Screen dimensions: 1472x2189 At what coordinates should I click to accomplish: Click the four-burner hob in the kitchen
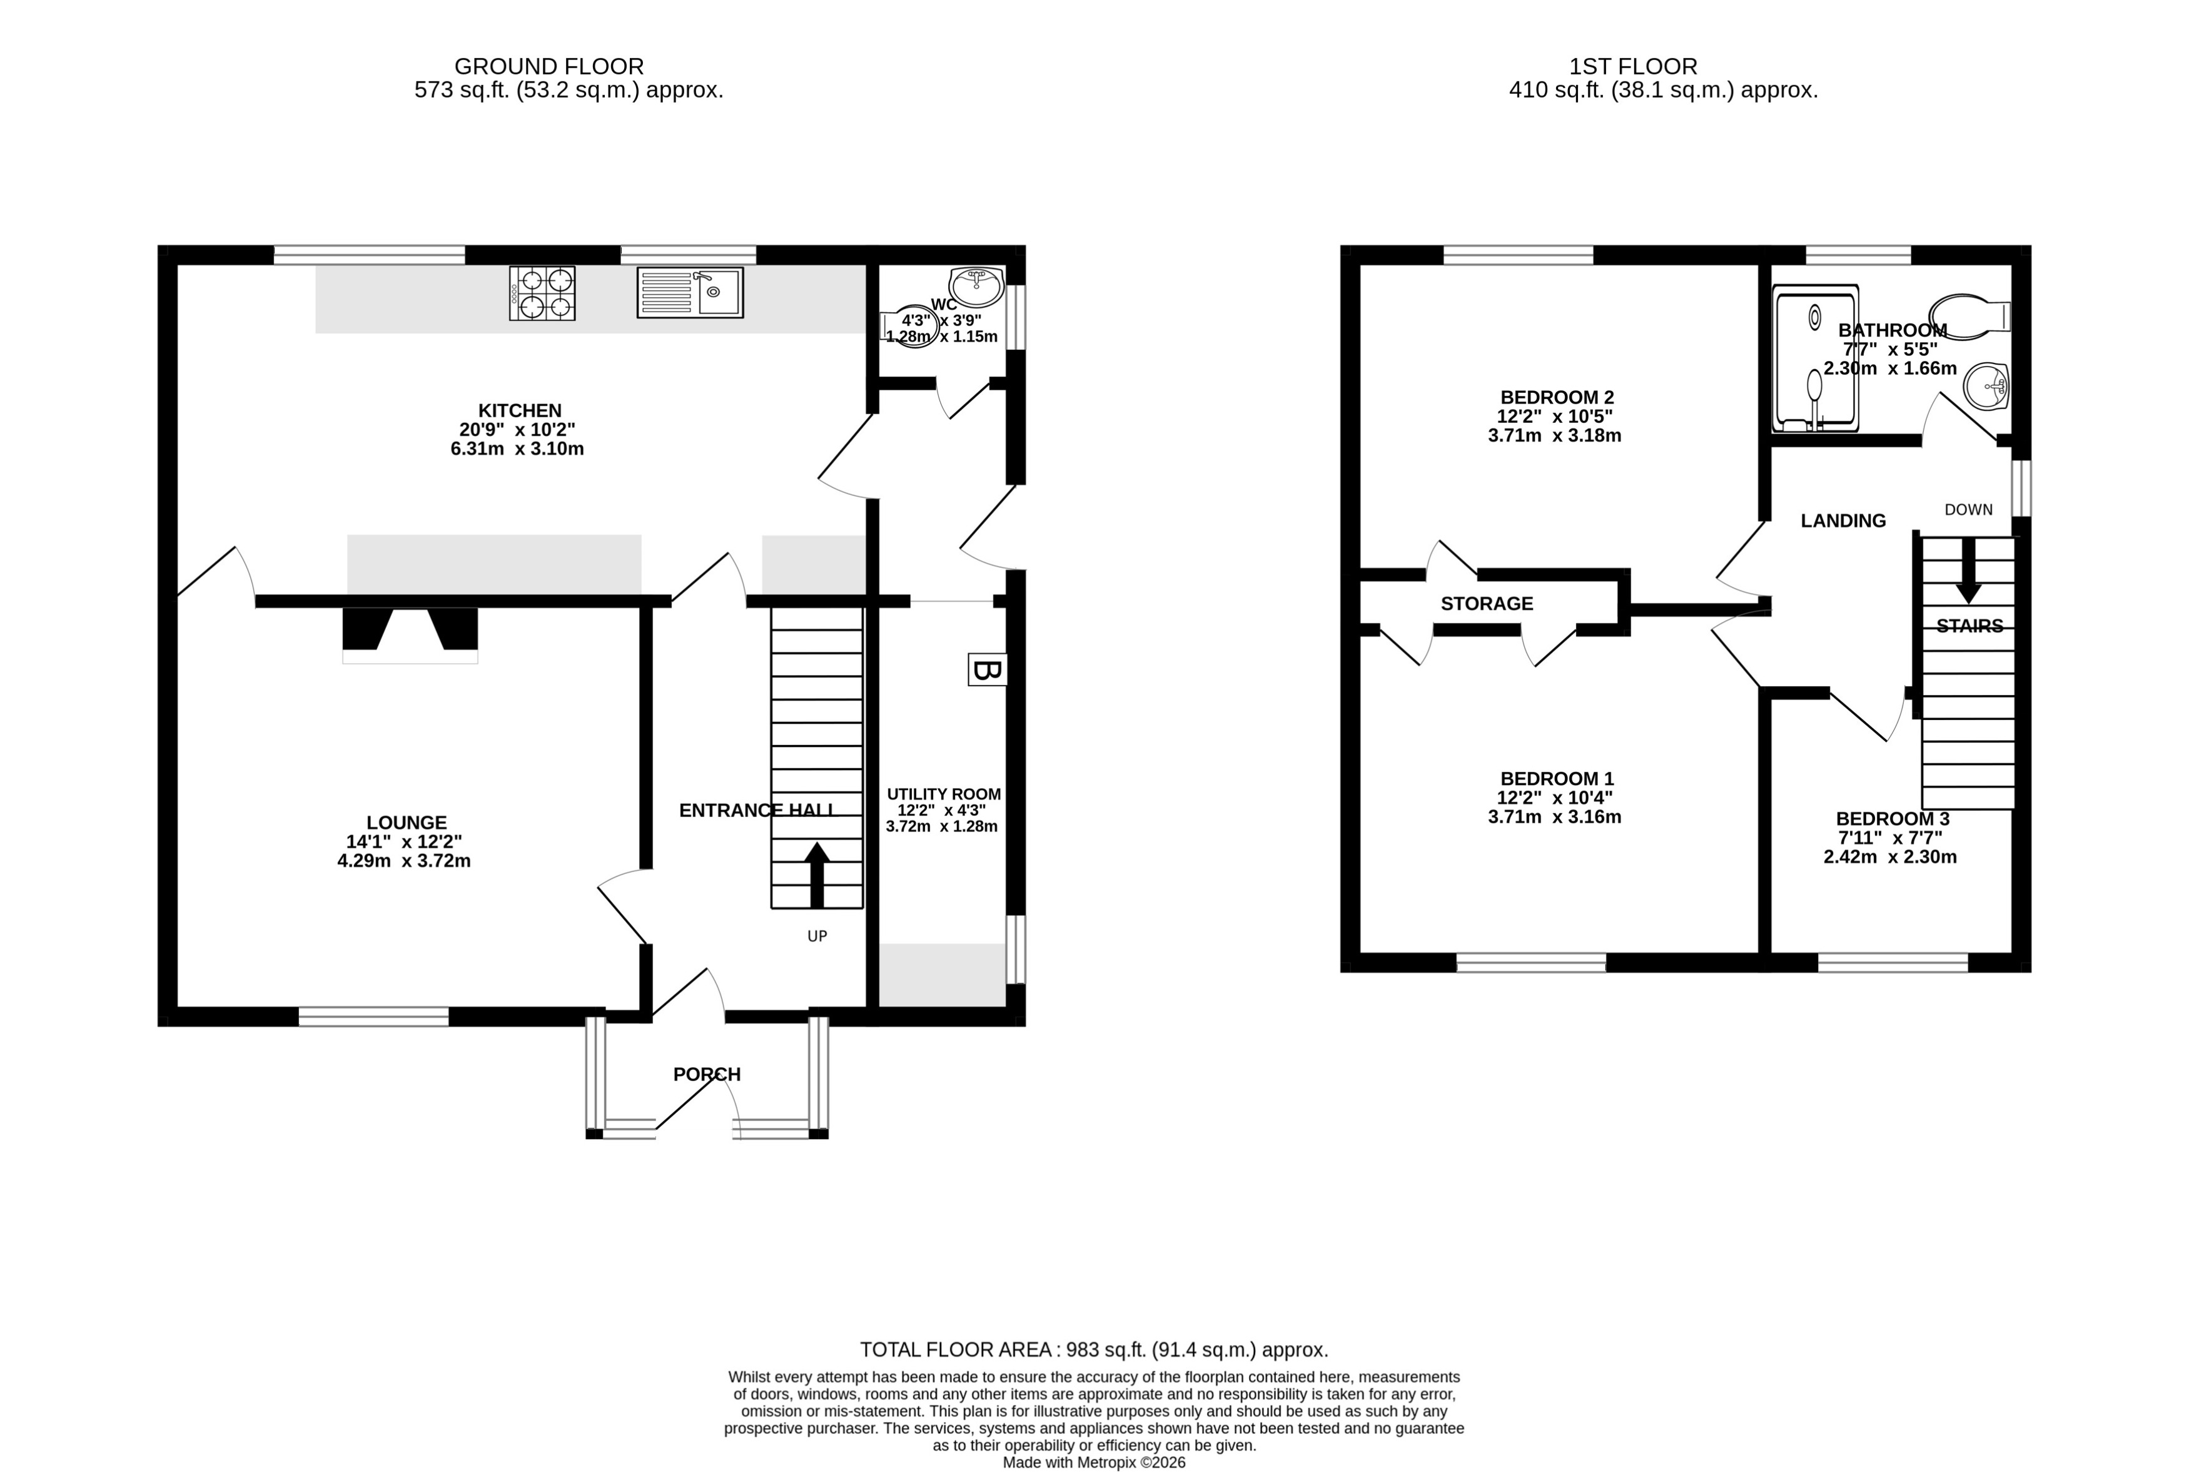click(542, 293)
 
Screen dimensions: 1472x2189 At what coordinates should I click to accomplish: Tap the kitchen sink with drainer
click(690, 292)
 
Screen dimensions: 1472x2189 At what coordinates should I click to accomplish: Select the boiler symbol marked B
click(987, 669)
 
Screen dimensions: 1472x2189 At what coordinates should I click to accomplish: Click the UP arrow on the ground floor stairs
click(816, 874)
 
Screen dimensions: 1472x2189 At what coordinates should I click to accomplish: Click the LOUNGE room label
click(407, 823)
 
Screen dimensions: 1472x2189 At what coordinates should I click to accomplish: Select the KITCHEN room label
click(520, 410)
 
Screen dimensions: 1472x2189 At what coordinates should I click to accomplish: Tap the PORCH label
click(707, 1074)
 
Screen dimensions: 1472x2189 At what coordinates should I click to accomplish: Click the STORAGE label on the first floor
click(1486, 604)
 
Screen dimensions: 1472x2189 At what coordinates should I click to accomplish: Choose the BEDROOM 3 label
click(1891, 819)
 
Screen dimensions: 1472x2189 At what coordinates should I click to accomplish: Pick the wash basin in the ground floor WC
click(977, 287)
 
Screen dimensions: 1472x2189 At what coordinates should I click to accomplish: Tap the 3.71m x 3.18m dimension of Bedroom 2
click(1554, 435)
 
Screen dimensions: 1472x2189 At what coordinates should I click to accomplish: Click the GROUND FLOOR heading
click(549, 67)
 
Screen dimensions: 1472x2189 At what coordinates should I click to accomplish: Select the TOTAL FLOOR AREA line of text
click(1093, 1350)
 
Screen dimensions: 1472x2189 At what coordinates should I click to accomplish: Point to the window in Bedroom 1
click(1530, 962)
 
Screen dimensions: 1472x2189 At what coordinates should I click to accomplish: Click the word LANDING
click(1842, 521)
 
